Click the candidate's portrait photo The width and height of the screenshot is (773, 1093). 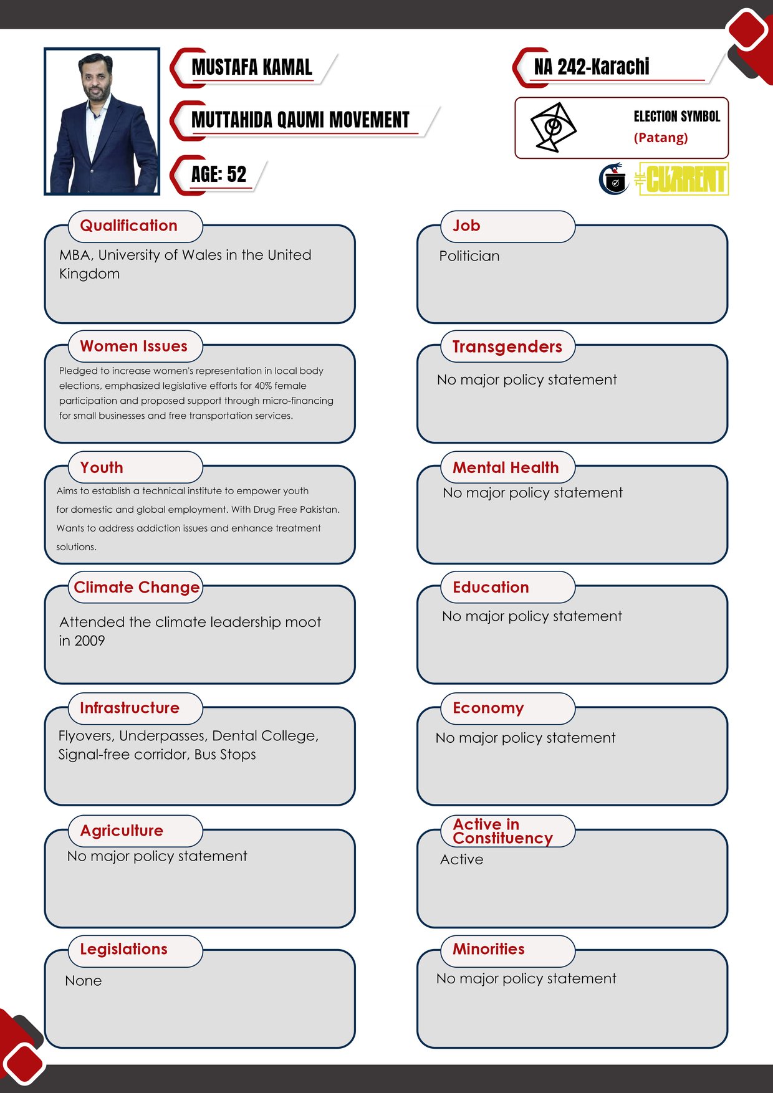pyautogui.click(x=102, y=122)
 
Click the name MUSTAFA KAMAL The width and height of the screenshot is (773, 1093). pyautogui.click(x=251, y=67)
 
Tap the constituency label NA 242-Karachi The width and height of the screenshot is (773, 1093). pyautogui.click(x=591, y=67)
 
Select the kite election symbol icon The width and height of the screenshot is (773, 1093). pyautogui.click(x=552, y=127)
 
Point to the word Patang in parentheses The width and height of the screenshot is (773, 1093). pyautogui.click(x=661, y=138)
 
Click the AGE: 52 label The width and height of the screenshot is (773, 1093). pyautogui.click(x=218, y=174)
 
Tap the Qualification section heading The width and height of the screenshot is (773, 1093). pyautogui.click(x=129, y=226)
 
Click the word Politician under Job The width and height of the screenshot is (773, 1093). pyautogui.click(x=469, y=256)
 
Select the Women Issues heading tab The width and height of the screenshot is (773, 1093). pyautogui.click(x=133, y=346)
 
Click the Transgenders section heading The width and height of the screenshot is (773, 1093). pyautogui.click(x=507, y=347)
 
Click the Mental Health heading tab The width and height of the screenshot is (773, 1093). pyautogui.click(x=506, y=467)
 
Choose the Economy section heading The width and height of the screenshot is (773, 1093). pyautogui.click(x=488, y=709)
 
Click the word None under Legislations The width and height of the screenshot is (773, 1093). pyautogui.click(x=83, y=981)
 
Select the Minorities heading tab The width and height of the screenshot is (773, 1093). pyautogui.click(x=488, y=949)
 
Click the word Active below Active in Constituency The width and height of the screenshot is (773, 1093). pyautogui.click(x=461, y=860)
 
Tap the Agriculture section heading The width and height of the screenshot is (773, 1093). pyautogui.click(x=122, y=831)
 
